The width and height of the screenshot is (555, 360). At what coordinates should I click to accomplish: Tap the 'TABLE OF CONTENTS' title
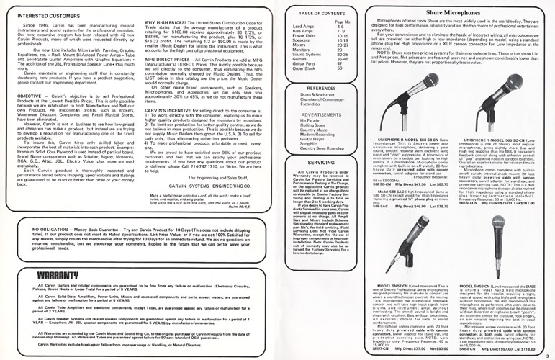click(x=340, y=14)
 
